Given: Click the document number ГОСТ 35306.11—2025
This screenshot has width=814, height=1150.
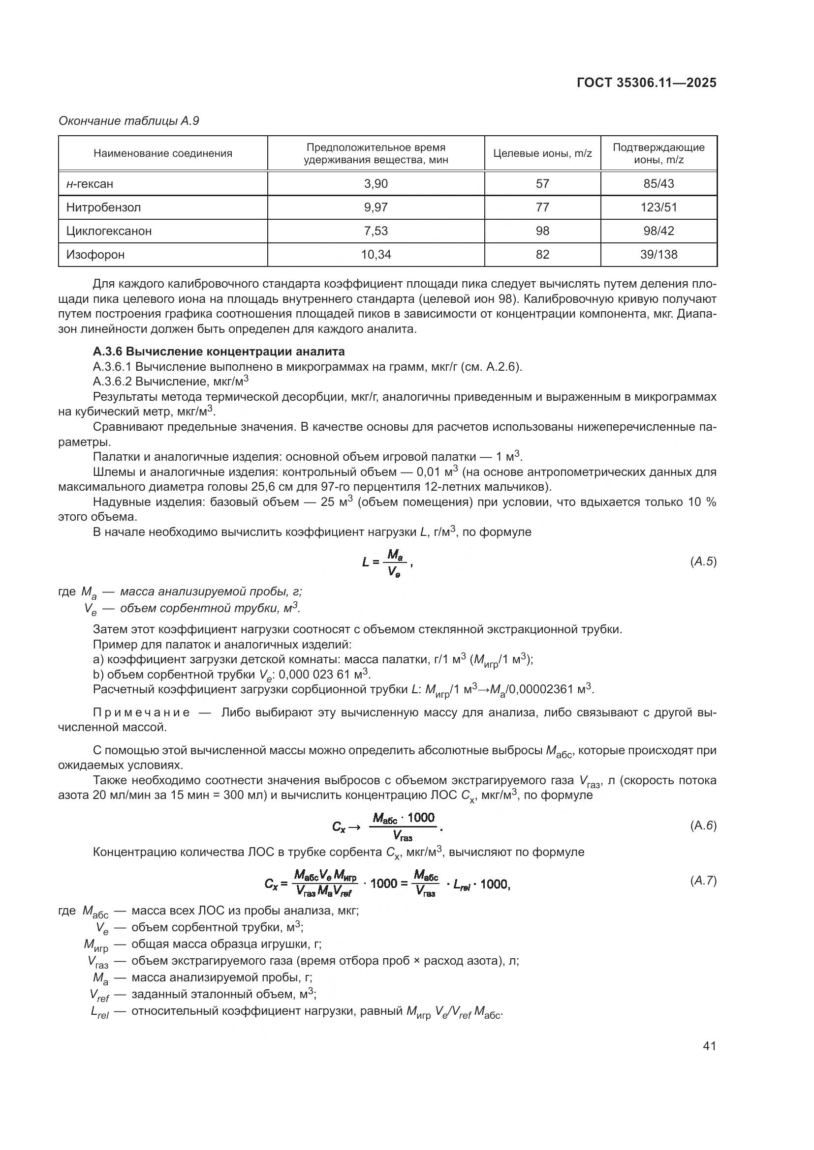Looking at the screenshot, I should tap(646, 83).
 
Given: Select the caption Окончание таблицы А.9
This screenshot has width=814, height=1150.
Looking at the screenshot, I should tap(129, 121).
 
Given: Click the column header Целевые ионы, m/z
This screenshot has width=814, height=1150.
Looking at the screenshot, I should tap(542, 153).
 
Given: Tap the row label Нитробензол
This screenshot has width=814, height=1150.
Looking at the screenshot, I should tap(103, 207).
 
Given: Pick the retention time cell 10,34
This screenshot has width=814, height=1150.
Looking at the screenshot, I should tap(376, 255).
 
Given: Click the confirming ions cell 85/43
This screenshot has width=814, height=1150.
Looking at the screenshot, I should tap(658, 184).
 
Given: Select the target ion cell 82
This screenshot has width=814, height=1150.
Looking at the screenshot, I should tap(542, 255).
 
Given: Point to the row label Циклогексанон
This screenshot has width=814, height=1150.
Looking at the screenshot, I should tap(109, 231).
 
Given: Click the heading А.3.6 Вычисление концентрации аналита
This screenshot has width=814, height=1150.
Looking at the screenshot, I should tap(219, 351).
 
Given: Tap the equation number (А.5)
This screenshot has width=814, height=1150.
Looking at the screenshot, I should tap(703, 561).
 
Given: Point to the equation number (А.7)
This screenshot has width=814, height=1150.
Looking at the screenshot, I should tap(703, 881).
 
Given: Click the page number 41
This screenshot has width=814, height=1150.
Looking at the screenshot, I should tap(709, 1046).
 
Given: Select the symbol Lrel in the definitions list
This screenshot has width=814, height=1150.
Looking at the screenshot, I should tap(99, 1012).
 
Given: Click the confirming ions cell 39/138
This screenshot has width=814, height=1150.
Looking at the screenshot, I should tap(658, 255).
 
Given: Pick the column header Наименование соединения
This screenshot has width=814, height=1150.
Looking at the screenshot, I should tap(163, 153).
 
